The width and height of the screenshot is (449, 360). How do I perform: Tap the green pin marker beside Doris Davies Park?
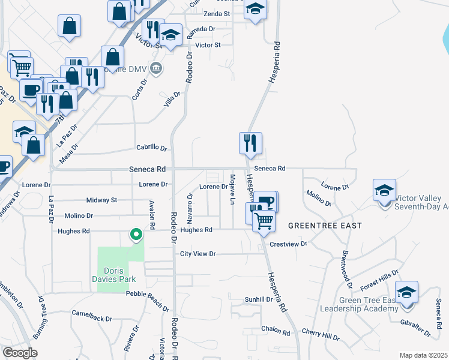[x=136, y=235]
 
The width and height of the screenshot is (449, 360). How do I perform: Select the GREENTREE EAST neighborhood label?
[x=325, y=226]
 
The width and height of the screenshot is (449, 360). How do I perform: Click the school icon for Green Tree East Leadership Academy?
[x=407, y=293]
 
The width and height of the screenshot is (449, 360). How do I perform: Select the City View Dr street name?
[x=197, y=254]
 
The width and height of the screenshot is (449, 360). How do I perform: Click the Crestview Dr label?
[x=288, y=244]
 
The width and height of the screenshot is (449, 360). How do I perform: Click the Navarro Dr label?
[x=190, y=204]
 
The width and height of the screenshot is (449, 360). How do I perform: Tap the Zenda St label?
[x=217, y=13]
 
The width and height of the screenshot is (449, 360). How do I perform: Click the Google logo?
[x=20, y=353]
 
